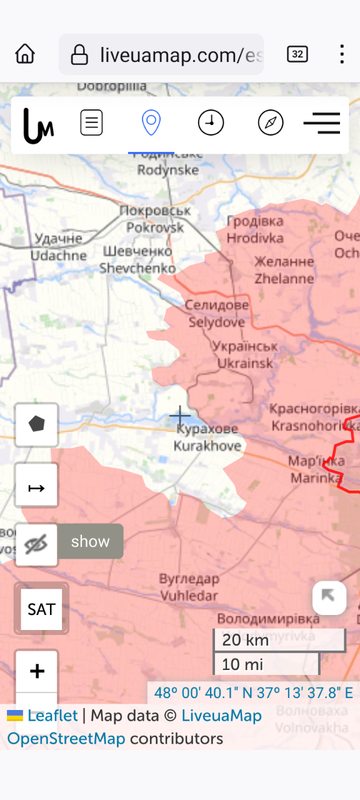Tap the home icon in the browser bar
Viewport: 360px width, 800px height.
(25, 54)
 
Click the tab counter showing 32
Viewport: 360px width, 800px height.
(297, 54)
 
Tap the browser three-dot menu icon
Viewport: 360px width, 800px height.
(342, 54)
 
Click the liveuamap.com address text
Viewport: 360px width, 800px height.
(181, 54)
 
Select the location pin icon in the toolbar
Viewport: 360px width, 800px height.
(150, 123)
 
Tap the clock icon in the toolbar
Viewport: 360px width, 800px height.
(210, 123)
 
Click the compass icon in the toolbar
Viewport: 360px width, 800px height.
(270, 123)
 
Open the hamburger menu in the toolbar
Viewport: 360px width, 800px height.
(322, 123)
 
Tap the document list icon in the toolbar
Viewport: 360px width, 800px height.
(91, 123)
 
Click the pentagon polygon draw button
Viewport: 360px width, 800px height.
(37, 424)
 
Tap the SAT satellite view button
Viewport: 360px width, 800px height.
(41, 609)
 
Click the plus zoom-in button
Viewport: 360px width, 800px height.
(37, 671)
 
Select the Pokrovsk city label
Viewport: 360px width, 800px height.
(155, 219)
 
